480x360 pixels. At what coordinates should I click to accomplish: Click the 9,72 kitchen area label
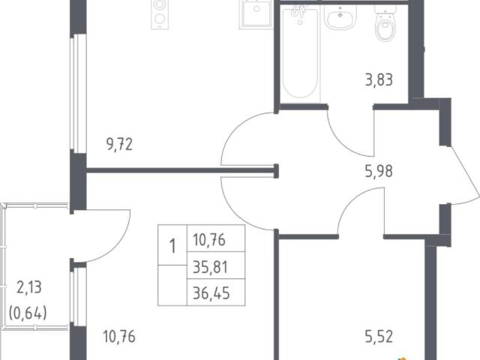coord(120,144)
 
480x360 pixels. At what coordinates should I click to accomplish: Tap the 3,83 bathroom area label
coord(379,80)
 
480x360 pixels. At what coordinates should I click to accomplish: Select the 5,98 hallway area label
coord(379,171)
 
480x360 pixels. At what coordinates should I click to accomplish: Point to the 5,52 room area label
coord(379,337)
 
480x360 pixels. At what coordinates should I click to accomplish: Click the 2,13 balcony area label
coord(29,287)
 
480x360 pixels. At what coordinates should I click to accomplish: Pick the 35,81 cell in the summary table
coord(211,267)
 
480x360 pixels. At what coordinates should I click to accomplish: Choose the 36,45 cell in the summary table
coord(211,293)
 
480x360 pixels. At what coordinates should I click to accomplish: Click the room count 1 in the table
coord(172,246)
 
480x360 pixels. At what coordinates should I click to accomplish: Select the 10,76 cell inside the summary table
coord(209,240)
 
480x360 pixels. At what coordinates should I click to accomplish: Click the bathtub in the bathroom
coord(300,53)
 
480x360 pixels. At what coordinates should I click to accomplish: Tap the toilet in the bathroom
coord(385,23)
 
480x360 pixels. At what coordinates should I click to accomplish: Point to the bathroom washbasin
coord(340,18)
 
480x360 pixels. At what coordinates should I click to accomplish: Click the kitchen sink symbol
coord(256,15)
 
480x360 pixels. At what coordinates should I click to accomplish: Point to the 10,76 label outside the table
coord(119,337)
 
